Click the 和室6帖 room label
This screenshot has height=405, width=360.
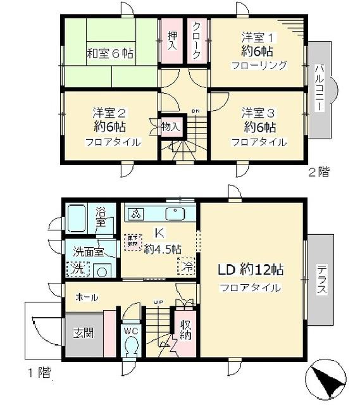pyautogui.click(x=111, y=54)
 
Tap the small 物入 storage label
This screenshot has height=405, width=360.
pyautogui.click(x=171, y=127)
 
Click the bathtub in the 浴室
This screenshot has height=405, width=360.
pyautogui.click(x=79, y=219)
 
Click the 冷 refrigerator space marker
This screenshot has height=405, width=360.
pyautogui.click(x=187, y=266)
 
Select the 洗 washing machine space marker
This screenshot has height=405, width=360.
pyautogui.click(x=76, y=269)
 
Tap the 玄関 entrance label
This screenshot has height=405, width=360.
pyautogui.click(x=82, y=333)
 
